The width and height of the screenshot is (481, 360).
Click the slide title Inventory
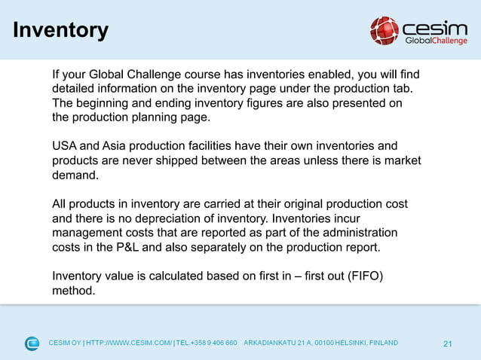pos(61,30)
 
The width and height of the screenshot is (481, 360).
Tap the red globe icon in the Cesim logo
pos(384,31)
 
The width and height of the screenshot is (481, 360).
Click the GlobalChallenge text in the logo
pos(435,41)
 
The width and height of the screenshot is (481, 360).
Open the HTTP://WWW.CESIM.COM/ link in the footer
pos(129,343)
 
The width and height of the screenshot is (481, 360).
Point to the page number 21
pos(448,344)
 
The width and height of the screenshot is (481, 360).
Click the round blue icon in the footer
pos(32,343)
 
